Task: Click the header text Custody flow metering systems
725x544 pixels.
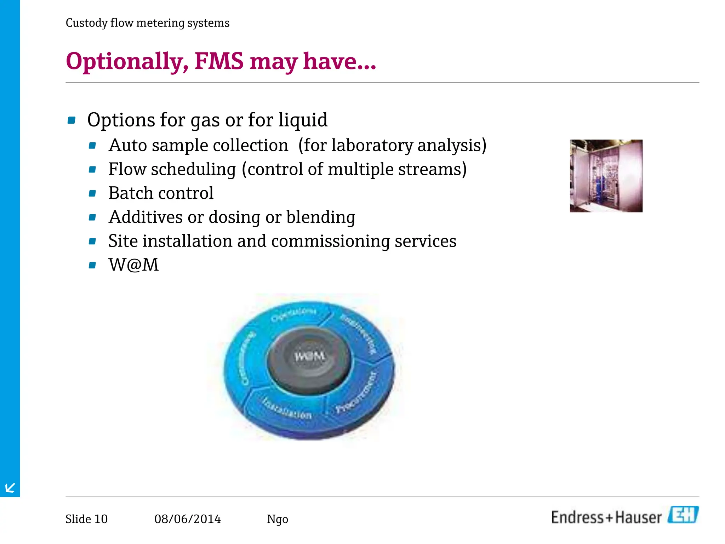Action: pos(147,23)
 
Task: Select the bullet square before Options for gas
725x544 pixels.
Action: pos(72,120)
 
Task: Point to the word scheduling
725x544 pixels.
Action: pos(193,169)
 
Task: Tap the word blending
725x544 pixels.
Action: pos(320,217)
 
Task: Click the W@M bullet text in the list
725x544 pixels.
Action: pos(133,265)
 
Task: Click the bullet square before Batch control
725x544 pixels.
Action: pos(92,193)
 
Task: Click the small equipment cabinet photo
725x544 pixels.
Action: pos(606,176)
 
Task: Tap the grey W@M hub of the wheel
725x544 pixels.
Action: pos(309,356)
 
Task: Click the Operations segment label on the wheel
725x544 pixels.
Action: pos(293,314)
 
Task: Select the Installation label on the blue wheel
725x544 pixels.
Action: pos(287,409)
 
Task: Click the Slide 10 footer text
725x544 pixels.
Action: pos(86,519)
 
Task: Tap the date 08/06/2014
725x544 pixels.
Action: pos(187,519)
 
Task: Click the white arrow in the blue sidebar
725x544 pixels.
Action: pos(10,488)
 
